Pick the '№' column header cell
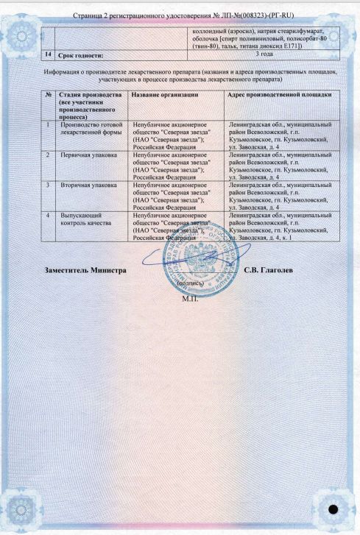pos(48,96)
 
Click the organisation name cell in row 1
pos(166,136)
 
